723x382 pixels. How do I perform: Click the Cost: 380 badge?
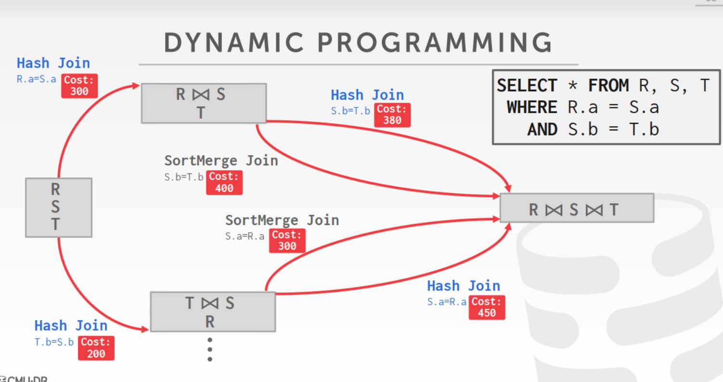[392, 115]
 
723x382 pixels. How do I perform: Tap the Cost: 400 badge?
[224, 183]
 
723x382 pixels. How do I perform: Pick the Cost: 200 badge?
[96, 348]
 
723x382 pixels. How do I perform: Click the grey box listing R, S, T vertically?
[58, 208]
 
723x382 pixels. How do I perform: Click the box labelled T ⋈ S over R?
[213, 312]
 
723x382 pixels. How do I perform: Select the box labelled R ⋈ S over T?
[204, 103]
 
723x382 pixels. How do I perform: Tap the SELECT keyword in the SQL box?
[526, 86]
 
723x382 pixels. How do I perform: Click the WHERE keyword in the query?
[531, 107]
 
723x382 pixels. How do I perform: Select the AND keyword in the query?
[542, 130]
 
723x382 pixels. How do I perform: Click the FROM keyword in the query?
[608, 86]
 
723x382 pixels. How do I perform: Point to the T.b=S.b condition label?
[54, 342]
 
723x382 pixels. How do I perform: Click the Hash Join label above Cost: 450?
[463, 286]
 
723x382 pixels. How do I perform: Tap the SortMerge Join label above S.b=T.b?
[221, 160]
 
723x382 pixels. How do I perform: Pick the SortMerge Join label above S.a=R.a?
[282, 220]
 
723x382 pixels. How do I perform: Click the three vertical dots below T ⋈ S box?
[210, 349]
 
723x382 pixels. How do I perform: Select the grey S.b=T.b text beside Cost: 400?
[183, 177]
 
